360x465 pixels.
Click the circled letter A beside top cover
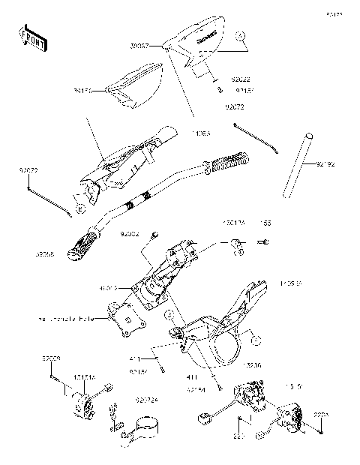(x=239, y=35)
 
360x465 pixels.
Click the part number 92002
(x=130, y=235)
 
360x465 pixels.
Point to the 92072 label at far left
(x=28, y=170)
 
